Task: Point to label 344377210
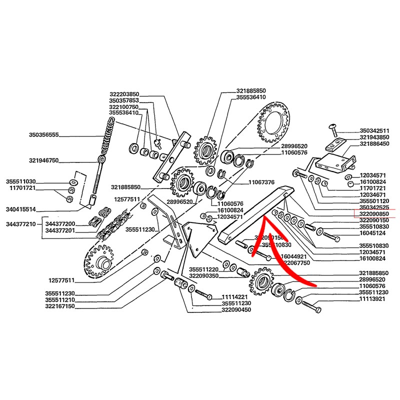coord(21,224)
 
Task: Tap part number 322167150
coord(59,306)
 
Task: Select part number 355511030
coord(21,181)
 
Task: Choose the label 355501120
coord(374,200)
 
